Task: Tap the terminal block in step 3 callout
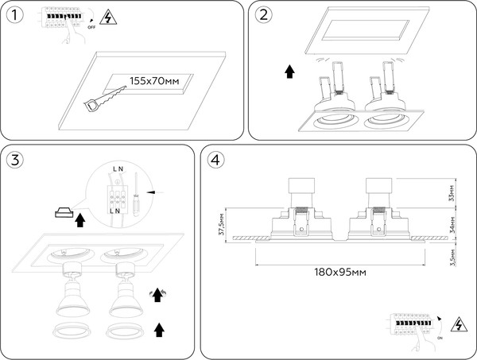pyautogui.click(x=117, y=192)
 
